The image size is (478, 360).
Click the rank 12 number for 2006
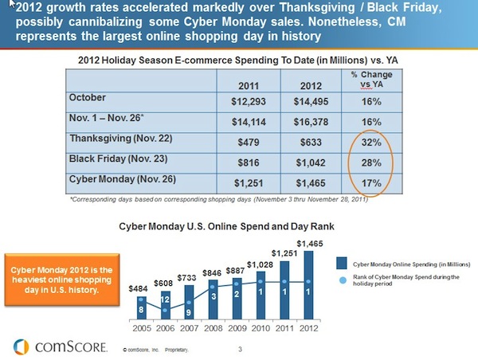tap(164, 299)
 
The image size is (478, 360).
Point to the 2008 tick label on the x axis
tap(214, 327)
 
